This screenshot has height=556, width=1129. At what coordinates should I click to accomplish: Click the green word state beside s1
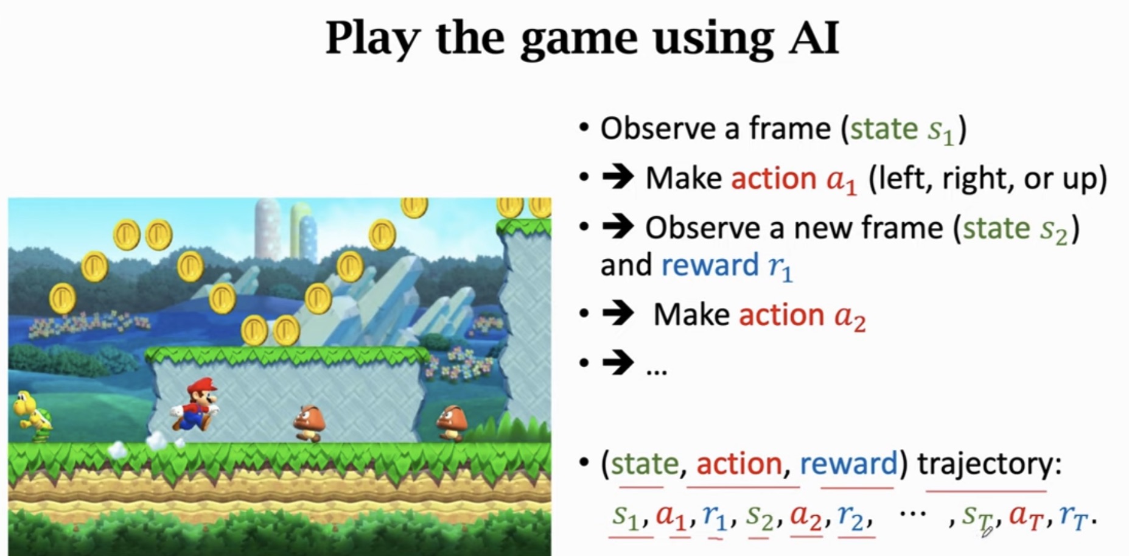click(x=884, y=128)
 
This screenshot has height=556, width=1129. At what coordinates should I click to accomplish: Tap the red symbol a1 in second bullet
click(x=841, y=180)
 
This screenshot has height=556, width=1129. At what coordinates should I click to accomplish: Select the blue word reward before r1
click(x=710, y=266)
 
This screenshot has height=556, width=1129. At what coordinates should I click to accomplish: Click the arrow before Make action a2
click(x=618, y=314)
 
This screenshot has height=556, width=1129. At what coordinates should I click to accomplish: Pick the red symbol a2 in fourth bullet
click(x=849, y=317)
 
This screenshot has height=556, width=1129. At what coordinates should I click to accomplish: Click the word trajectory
click(x=989, y=464)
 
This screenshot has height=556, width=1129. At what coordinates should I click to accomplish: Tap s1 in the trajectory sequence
click(x=626, y=516)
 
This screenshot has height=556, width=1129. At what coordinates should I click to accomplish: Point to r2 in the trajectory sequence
click(x=854, y=516)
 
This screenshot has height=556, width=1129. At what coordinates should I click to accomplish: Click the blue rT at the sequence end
click(x=1075, y=516)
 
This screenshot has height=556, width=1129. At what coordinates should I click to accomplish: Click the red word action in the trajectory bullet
click(x=739, y=464)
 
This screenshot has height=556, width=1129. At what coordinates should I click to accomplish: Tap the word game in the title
click(x=578, y=38)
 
